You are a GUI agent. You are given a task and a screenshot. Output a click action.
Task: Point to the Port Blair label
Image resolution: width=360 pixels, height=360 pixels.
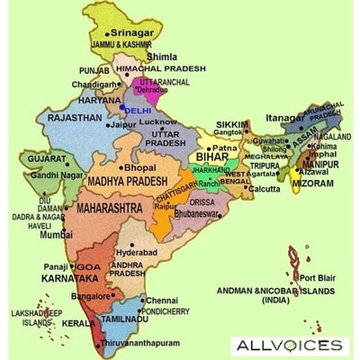coord(318,277)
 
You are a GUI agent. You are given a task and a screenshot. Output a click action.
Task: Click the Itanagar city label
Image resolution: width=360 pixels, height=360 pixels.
coord(285,118)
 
